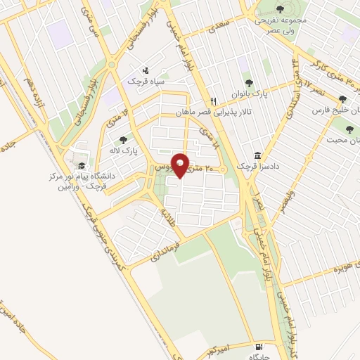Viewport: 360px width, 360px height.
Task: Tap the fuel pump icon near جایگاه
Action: tap(260, 347)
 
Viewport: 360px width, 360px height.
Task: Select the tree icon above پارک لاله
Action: tap(124, 140)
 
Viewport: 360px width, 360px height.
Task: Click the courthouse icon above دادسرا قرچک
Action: tap(257, 155)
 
